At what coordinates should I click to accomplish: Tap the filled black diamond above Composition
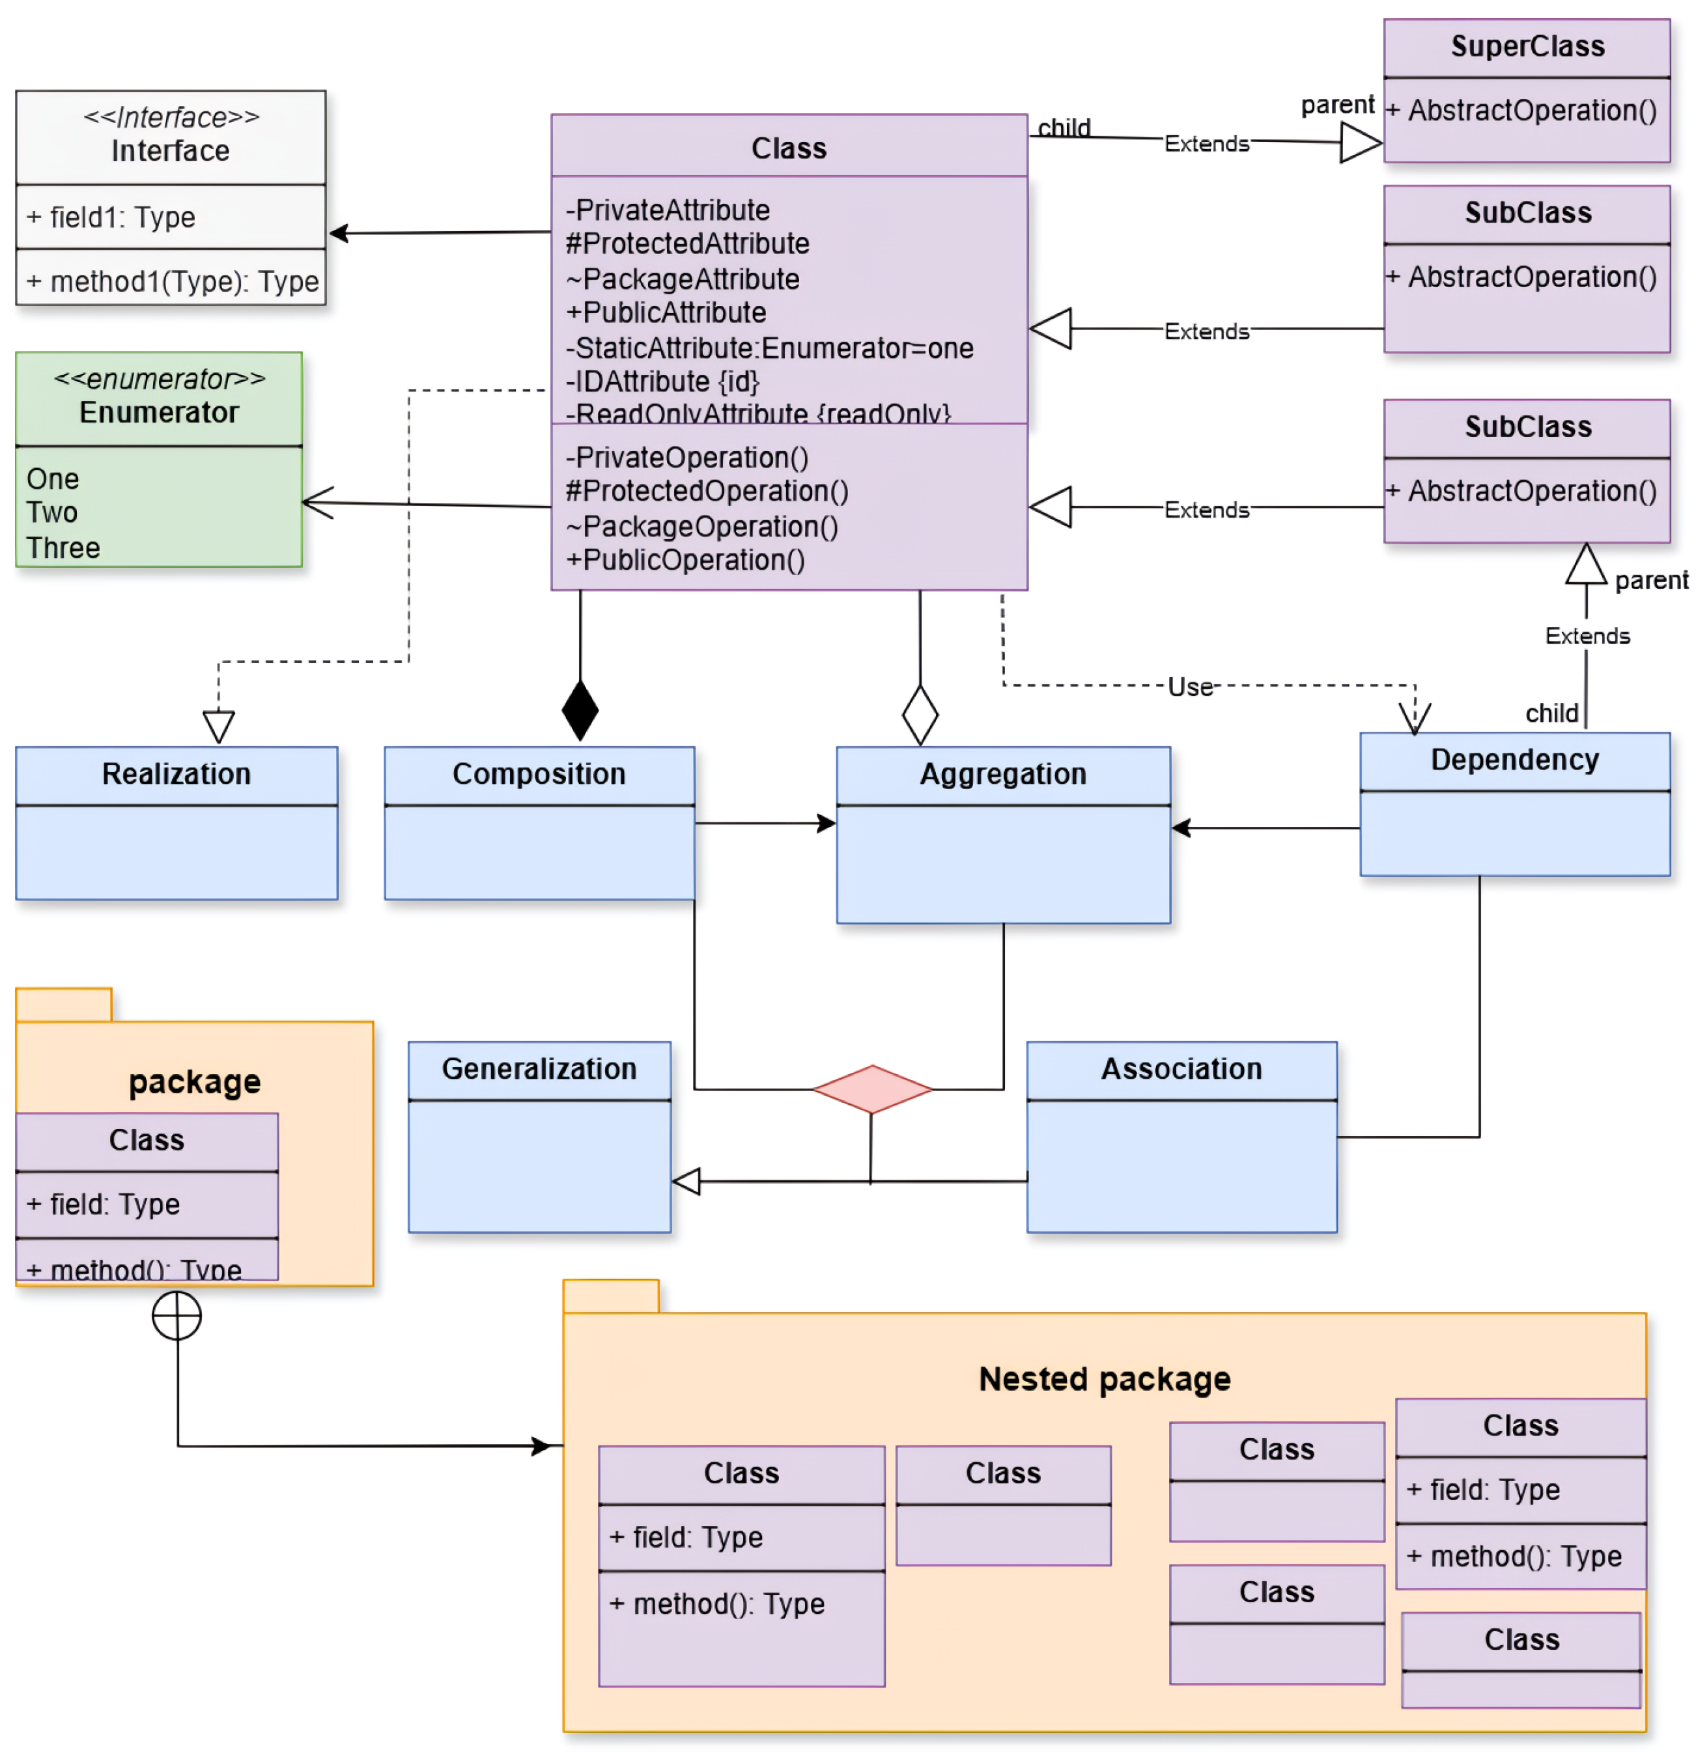point(580,711)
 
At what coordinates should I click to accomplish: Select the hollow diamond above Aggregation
point(920,715)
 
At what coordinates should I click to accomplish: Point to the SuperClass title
point(1527,46)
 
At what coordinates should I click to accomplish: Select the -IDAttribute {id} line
point(662,382)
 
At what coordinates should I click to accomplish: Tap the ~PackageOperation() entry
point(702,527)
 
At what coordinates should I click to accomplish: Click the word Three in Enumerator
point(63,547)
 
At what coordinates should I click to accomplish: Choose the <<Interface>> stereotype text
point(171,117)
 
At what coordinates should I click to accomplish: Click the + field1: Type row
point(111,217)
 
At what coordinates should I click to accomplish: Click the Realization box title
point(176,773)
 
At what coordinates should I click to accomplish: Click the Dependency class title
point(1514,759)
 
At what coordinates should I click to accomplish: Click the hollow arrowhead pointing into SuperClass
point(1361,142)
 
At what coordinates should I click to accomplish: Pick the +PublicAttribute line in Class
point(666,313)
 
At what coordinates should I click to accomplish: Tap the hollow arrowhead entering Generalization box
point(686,1181)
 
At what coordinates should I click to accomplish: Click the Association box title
point(1181,1068)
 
